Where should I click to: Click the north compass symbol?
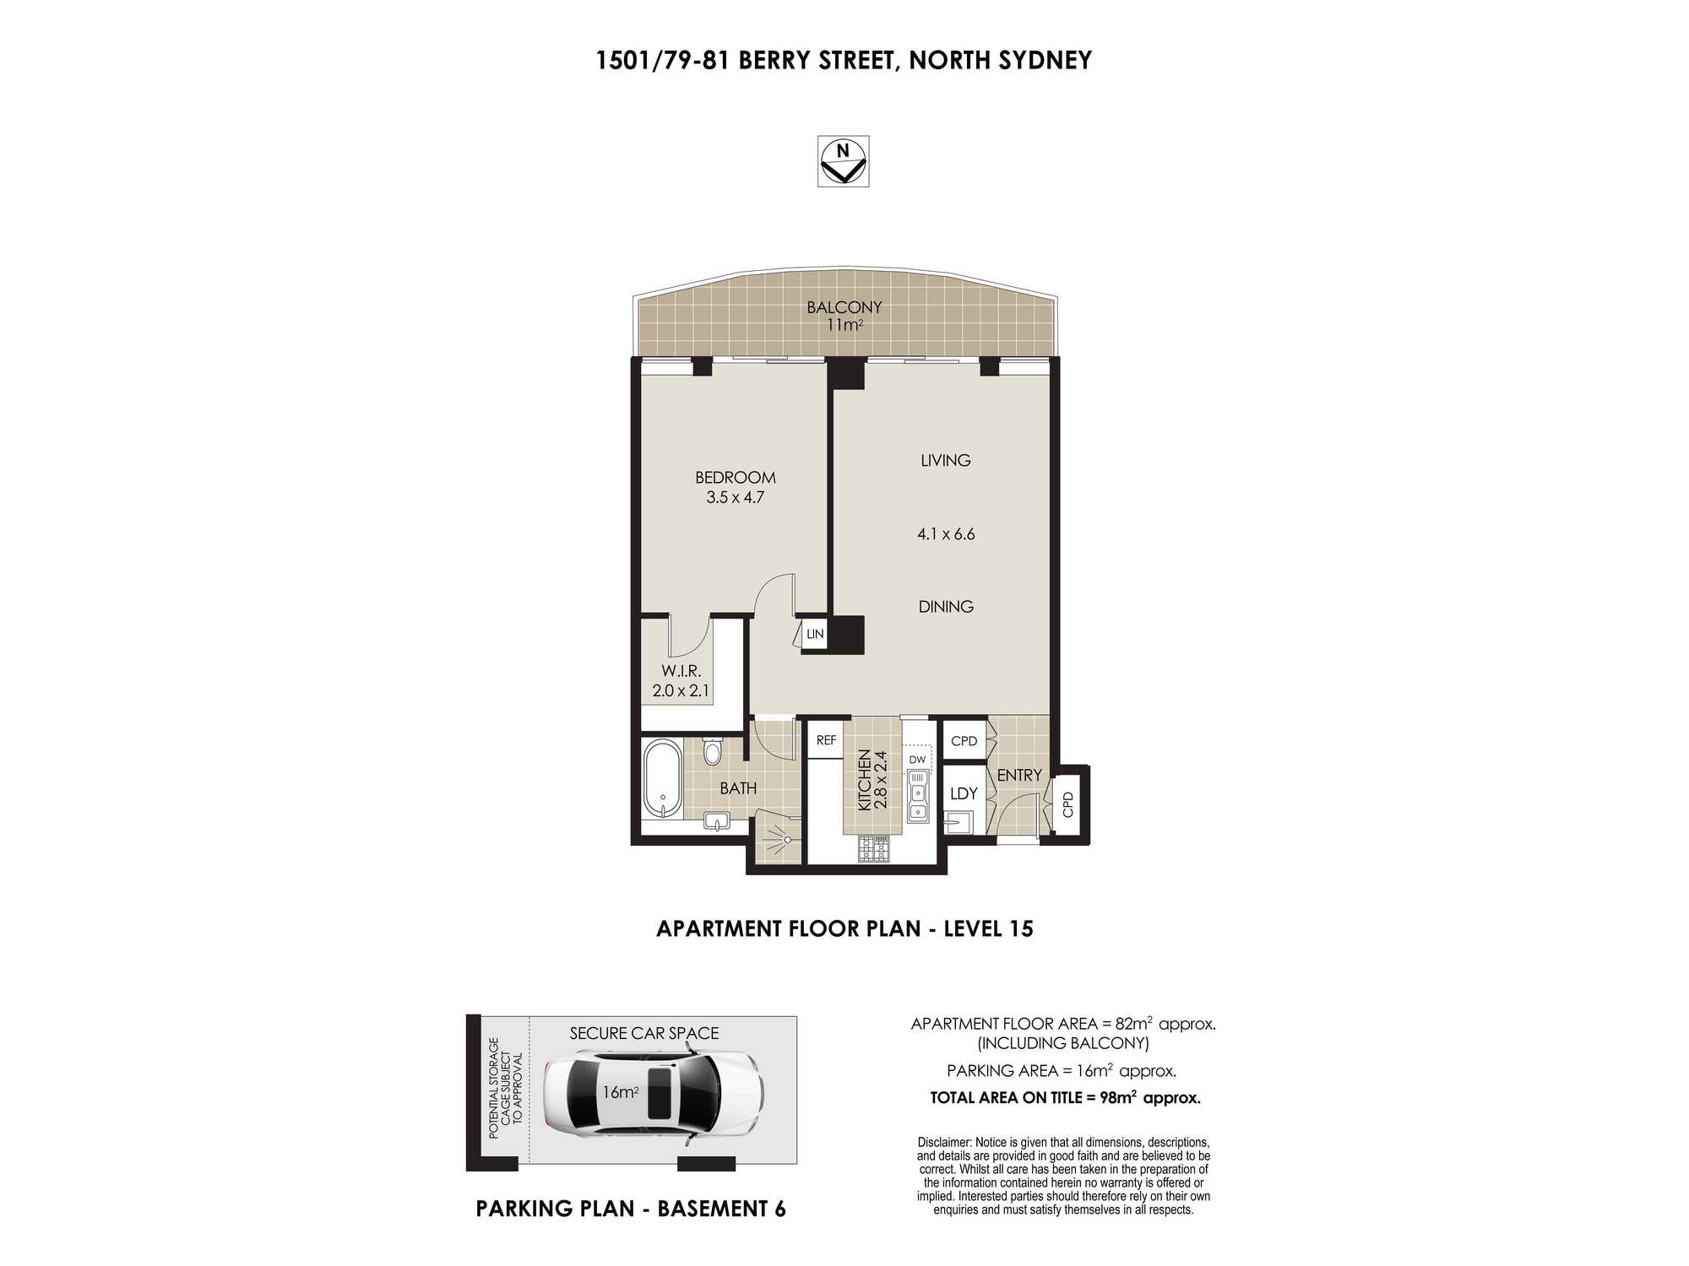tap(843, 161)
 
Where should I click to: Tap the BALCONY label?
tap(844, 307)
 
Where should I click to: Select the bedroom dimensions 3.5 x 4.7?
tap(735, 497)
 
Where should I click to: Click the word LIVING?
tap(945, 460)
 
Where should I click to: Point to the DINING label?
tap(946, 606)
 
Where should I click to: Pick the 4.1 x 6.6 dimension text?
tap(946, 533)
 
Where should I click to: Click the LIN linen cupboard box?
tap(814, 634)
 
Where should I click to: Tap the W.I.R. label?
tap(681, 671)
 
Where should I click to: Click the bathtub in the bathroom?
tap(663, 780)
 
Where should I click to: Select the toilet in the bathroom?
tap(713, 749)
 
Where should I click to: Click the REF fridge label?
tap(826, 740)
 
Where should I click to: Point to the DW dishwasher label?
tap(917, 760)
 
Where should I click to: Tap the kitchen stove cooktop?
tap(873, 849)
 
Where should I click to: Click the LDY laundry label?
tap(964, 793)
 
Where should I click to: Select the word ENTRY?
tap(1018, 775)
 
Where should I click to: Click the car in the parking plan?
tap(654, 1092)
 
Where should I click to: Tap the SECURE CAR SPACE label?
tap(644, 1033)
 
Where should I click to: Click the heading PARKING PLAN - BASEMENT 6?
tap(631, 1209)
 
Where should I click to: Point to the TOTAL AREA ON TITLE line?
tap(1065, 1097)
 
